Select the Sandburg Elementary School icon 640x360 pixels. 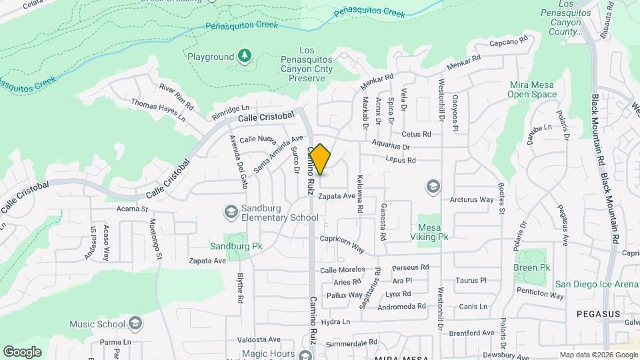[x=231, y=211]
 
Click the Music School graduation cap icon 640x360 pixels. [x=136, y=325]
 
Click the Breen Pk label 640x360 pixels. [x=531, y=267]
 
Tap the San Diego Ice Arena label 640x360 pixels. [x=597, y=284]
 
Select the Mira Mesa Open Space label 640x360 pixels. [x=533, y=89]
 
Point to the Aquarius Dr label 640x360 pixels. [x=391, y=146]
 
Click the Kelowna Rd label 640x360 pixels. [x=360, y=194]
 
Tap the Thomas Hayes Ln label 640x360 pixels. [x=158, y=110]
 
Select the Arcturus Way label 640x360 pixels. [x=471, y=199]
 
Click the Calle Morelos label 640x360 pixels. [x=343, y=269]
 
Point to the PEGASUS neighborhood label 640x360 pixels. [x=598, y=313]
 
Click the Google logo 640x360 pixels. [x=22, y=351]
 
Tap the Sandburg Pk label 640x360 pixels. [x=236, y=246]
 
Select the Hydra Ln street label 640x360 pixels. [x=335, y=322]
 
